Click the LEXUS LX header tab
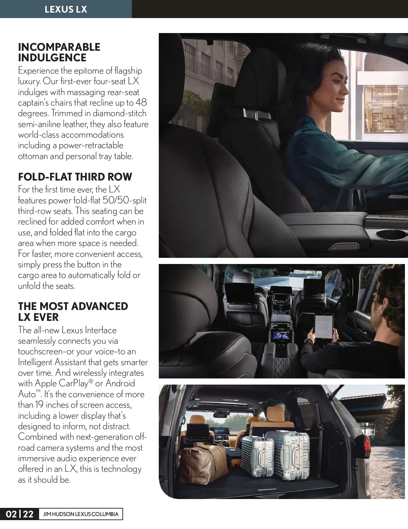pos(66,9)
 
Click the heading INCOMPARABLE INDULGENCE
pos(59,52)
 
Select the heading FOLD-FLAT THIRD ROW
pos(75,177)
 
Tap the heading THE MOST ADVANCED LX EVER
pos(73,311)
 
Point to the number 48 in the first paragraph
pos(141,103)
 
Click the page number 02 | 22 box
pos(20,514)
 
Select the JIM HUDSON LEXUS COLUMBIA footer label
pos(81,514)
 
